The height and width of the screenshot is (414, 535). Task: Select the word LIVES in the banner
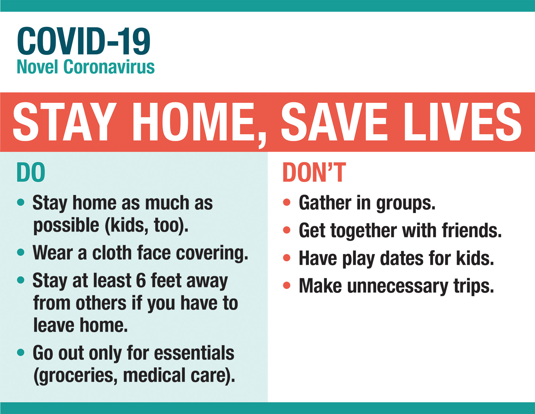pyautogui.click(x=463, y=122)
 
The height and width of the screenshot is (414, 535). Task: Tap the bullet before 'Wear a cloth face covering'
pyautogui.click(x=21, y=252)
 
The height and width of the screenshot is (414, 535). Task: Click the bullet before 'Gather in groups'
pyautogui.click(x=287, y=202)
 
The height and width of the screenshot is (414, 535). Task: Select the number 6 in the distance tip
pyautogui.click(x=141, y=281)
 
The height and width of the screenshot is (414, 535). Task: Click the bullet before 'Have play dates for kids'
pyautogui.click(x=287, y=258)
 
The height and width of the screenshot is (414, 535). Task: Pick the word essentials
pyautogui.click(x=194, y=353)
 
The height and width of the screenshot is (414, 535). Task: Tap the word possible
pyautogui.click(x=66, y=226)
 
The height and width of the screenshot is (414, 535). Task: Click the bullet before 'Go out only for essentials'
pyautogui.click(x=21, y=352)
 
